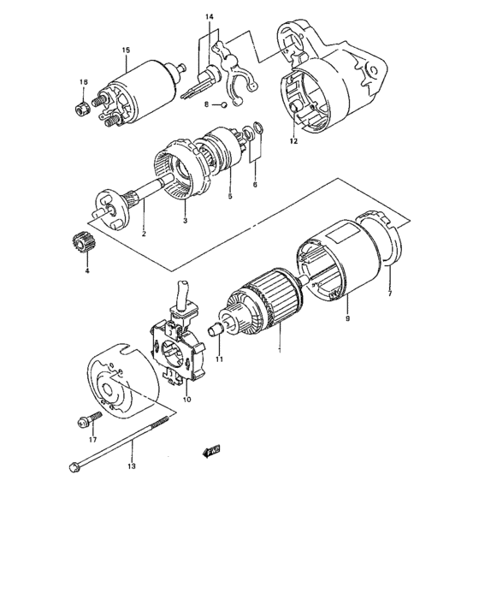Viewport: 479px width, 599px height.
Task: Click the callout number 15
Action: [x=126, y=51]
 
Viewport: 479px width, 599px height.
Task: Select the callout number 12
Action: [x=293, y=141]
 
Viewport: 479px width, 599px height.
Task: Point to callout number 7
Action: [x=390, y=294]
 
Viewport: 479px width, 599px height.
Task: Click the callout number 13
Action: [x=132, y=467]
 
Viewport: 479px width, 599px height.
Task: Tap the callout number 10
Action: [x=187, y=400]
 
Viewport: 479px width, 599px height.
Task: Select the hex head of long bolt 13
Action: [x=74, y=466]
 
